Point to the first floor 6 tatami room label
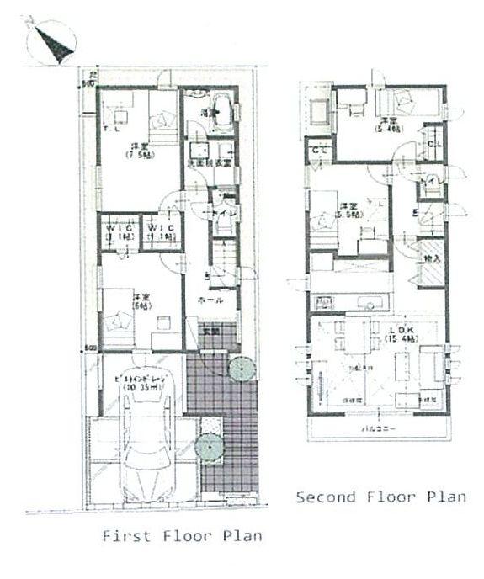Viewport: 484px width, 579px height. pyautogui.click(x=136, y=302)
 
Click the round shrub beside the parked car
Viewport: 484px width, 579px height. pyautogui.click(x=207, y=448)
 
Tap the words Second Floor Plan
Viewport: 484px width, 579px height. pyautogui.click(x=380, y=497)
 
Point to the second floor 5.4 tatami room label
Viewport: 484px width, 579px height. pyautogui.click(x=389, y=125)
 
